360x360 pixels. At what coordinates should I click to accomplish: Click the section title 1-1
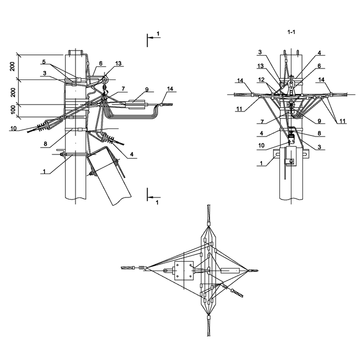pyautogui.click(x=291, y=32)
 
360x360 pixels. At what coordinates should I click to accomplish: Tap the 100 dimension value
pyautogui.click(x=13, y=109)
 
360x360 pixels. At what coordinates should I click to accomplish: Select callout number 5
pyautogui.click(x=44, y=62)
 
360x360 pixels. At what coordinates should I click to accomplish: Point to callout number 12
pyautogui.click(x=261, y=80)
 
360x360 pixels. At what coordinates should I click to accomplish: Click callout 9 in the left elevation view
pyautogui.click(x=147, y=89)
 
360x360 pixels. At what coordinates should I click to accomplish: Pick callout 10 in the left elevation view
pyautogui.click(x=13, y=128)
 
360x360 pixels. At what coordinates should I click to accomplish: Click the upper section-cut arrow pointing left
pyautogui.click(x=154, y=37)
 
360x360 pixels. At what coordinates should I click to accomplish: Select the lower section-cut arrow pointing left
pyautogui.click(x=154, y=197)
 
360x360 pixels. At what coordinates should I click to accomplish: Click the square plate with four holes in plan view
pyautogui.click(x=184, y=270)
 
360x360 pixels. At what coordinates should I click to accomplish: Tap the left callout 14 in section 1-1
pyautogui.click(x=240, y=80)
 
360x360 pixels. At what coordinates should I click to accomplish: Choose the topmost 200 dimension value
pyautogui.click(x=12, y=66)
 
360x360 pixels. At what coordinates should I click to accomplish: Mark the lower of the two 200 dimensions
pyautogui.click(x=13, y=92)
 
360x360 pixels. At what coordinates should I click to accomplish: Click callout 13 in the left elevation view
pyautogui.click(x=118, y=63)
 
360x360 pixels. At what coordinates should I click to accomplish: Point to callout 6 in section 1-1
pyautogui.click(x=319, y=66)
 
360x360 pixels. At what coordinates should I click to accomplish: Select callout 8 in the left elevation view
pyautogui.click(x=45, y=144)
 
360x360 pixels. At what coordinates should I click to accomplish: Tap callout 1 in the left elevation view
pyautogui.click(x=44, y=171)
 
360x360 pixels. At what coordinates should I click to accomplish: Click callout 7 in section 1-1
pyautogui.click(x=262, y=121)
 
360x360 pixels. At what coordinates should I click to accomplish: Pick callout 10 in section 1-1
pyautogui.click(x=261, y=145)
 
